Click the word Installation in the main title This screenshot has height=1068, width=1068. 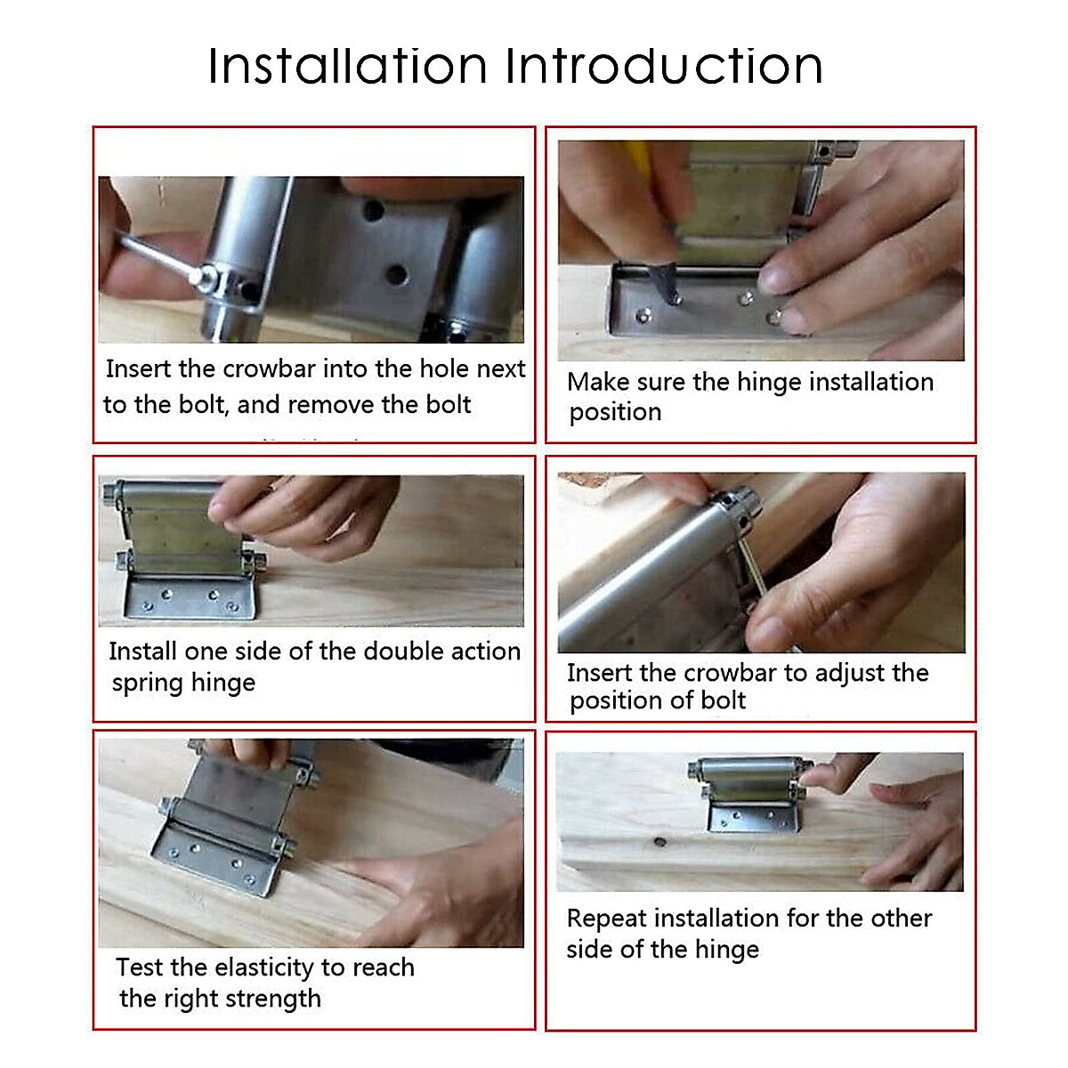pyautogui.click(x=347, y=67)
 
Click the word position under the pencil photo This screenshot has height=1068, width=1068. pyautogui.click(x=615, y=412)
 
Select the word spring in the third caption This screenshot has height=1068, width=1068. pyautogui.click(x=146, y=684)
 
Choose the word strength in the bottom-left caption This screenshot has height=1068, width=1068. pyautogui.click(x=273, y=999)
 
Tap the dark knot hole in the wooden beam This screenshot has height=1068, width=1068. pyautogui.click(x=659, y=841)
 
